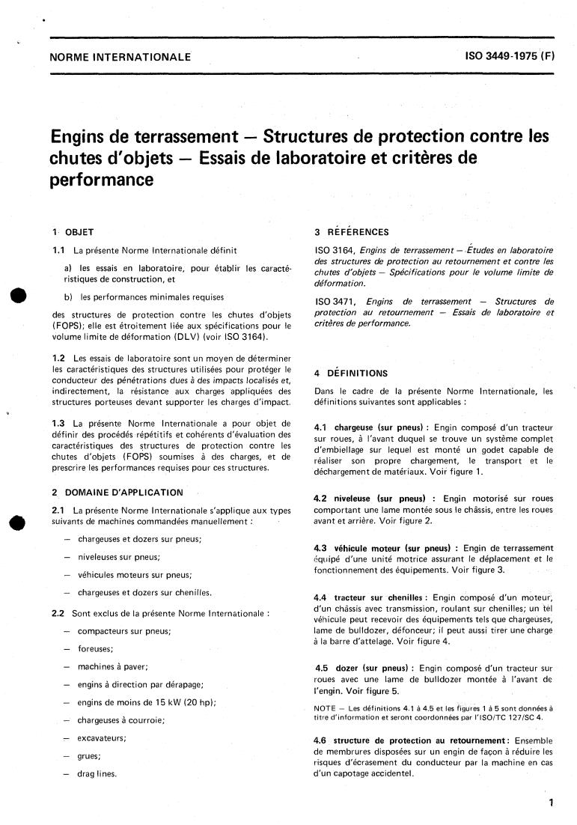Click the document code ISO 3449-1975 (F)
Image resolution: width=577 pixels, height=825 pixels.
510,56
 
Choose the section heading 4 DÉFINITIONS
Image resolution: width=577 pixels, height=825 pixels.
351,373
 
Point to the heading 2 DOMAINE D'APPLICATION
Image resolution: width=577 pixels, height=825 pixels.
117,492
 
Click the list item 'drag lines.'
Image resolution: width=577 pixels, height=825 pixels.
97,774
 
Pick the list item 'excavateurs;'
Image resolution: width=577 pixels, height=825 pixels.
102,738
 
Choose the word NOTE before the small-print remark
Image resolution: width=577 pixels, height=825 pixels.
327,707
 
